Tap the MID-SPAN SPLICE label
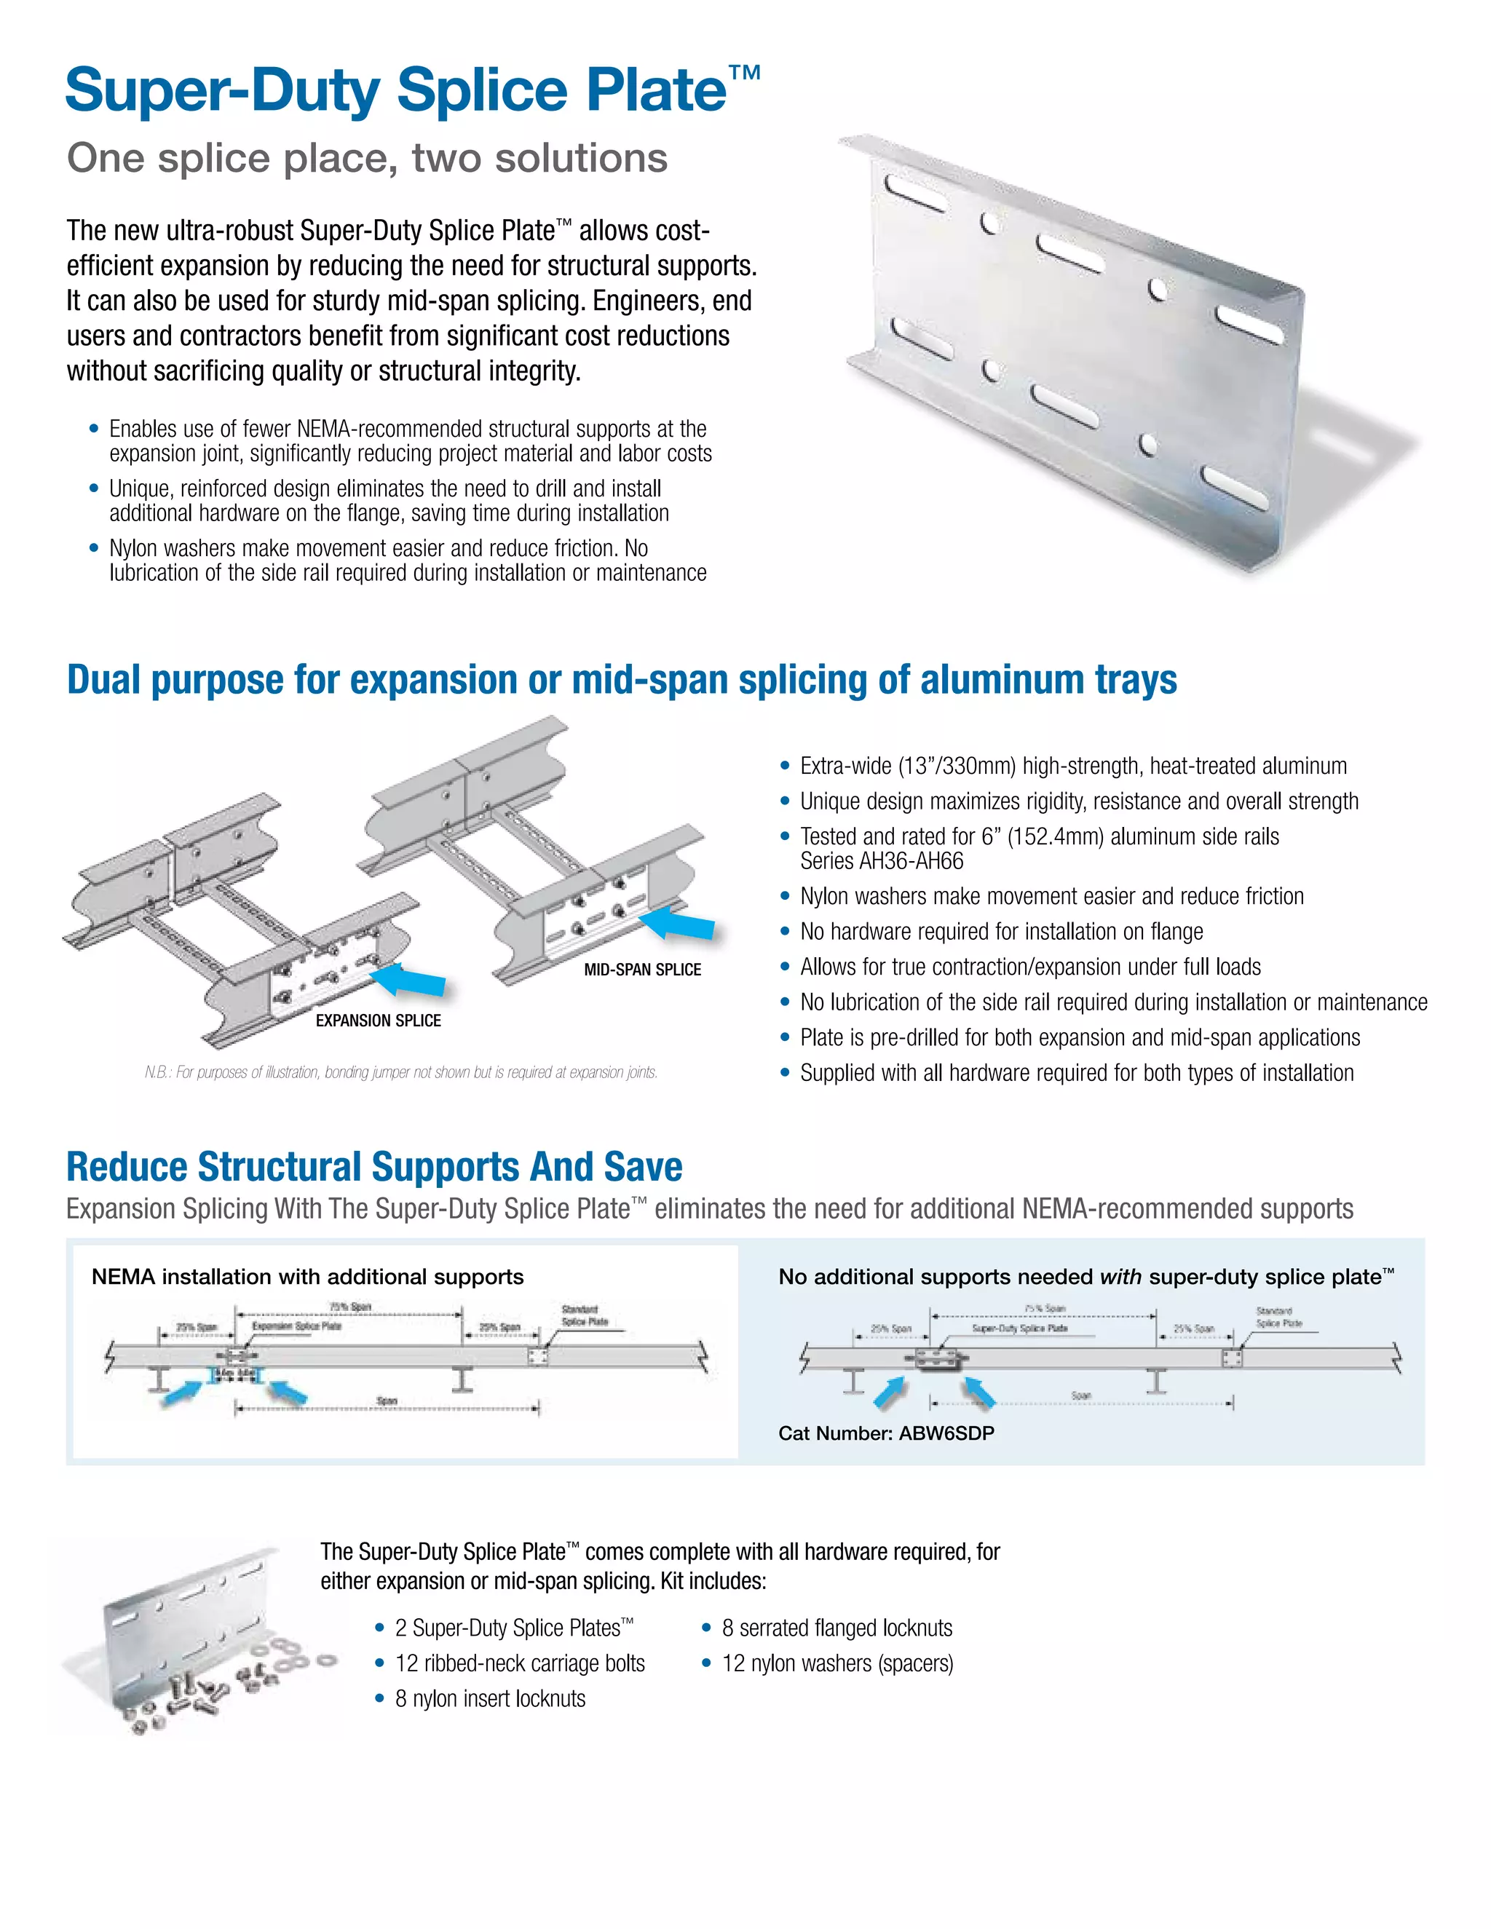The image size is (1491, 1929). pos(642,970)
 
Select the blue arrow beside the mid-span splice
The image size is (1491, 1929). pos(678,924)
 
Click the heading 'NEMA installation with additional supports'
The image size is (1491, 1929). pos(307,1278)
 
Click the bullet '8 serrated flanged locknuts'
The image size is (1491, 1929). pos(837,1628)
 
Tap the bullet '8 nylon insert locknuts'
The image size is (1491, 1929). pos(490,1698)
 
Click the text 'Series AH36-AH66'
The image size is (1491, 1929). pos(882,861)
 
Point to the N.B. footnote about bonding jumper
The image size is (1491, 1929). pos(401,1072)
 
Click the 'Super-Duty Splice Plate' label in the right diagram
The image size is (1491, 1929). pos(1019,1328)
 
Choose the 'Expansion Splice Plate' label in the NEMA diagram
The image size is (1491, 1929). pos(296,1326)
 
